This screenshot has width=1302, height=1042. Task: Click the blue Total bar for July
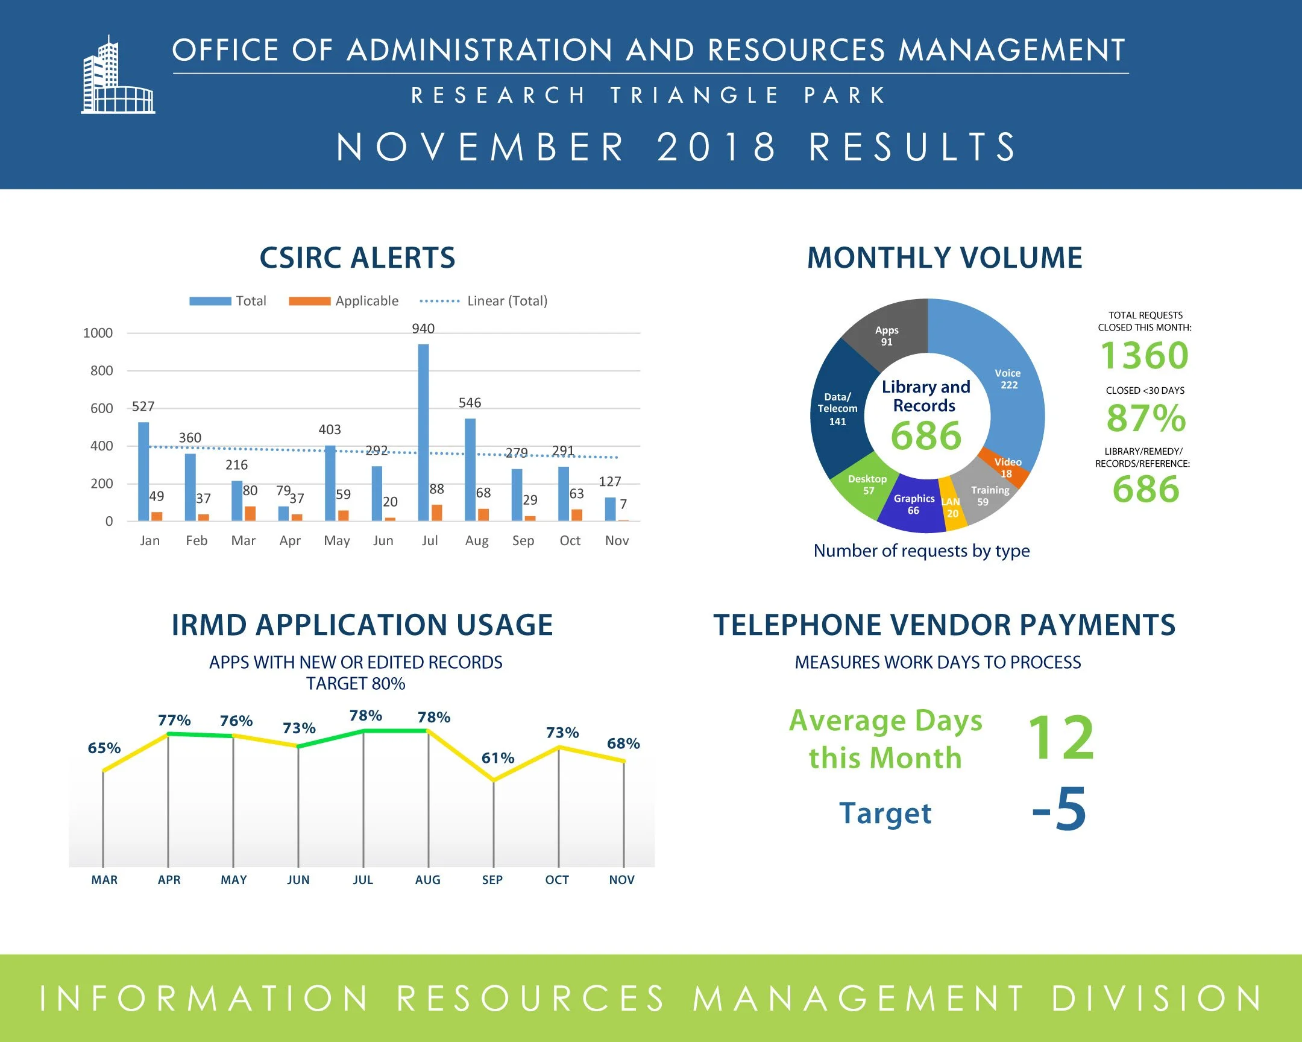[x=423, y=432]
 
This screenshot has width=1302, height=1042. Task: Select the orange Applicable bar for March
[x=250, y=513]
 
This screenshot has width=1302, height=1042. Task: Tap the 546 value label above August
[x=470, y=403]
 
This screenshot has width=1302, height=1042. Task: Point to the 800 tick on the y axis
[x=101, y=371]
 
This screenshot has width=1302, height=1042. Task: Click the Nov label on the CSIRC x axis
[x=617, y=541]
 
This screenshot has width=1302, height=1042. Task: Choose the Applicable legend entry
[x=344, y=301]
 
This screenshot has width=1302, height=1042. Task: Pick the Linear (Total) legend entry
[x=483, y=301]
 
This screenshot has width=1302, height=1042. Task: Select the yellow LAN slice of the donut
[x=952, y=505]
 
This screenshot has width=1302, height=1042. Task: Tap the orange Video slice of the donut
[x=1007, y=468]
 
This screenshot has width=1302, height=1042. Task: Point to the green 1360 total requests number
[x=1145, y=355]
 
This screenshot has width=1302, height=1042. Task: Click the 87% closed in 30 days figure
[x=1146, y=417]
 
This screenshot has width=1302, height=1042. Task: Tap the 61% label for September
[x=498, y=758]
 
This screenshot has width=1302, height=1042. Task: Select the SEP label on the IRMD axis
[x=492, y=880]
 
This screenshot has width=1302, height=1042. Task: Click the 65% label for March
[x=104, y=748]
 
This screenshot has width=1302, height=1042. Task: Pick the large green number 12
[x=1061, y=737]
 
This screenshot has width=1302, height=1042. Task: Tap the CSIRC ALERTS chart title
[x=357, y=258]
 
